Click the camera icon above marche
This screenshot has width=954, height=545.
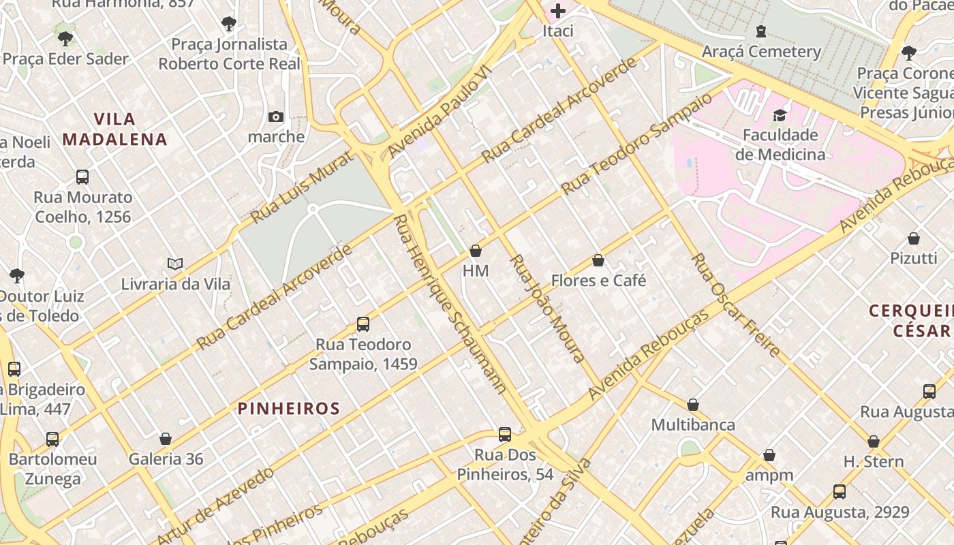(x=276, y=116)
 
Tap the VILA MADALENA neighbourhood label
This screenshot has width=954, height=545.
(x=114, y=129)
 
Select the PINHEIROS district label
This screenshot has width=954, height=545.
(x=288, y=408)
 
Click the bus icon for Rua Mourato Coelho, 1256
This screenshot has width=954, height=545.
(x=82, y=177)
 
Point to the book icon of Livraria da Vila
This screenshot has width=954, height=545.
(x=175, y=264)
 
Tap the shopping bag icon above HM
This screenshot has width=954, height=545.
(x=476, y=251)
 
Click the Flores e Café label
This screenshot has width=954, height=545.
(x=598, y=280)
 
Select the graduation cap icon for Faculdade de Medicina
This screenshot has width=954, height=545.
(x=780, y=114)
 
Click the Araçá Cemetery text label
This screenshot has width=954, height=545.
(x=761, y=51)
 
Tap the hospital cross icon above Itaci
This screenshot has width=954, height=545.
(x=558, y=10)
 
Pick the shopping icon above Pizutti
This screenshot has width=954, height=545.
(x=914, y=238)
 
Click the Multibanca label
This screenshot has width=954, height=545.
(x=693, y=424)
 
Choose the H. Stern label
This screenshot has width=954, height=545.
(x=874, y=461)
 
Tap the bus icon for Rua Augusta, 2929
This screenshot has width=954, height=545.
(x=840, y=492)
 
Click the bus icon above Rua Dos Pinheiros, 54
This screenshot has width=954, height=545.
(x=505, y=435)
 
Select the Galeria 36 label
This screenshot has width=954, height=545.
(x=166, y=458)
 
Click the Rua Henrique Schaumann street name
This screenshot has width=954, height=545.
(x=450, y=304)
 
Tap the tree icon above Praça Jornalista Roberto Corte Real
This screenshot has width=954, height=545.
(x=229, y=24)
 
